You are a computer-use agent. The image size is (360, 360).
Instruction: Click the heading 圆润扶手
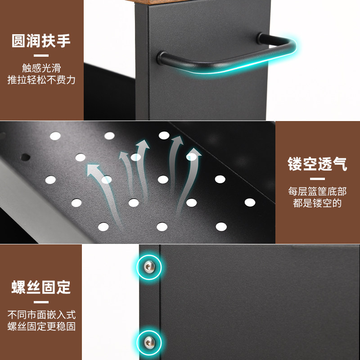pyautogui.click(x=41, y=41)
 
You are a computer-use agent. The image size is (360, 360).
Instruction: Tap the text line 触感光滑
pyautogui.click(x=41, y=68)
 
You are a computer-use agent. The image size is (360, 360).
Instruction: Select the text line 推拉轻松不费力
pyautogui.click(x=41, y=80)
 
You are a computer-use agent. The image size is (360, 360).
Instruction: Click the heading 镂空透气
pyautogui.click(x=318, y=164)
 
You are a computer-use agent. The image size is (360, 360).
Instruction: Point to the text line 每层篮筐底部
pyautogui.click(x=318, y=191)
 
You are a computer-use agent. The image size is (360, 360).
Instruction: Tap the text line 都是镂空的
pyautogui.click(x=318, y=203)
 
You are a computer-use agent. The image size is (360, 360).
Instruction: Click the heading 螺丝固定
pyautogui.click(x=41, y=286)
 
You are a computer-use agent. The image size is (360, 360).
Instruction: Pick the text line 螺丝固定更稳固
pyautogui.click(x=41, y=326)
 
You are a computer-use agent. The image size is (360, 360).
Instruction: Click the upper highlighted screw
pyautogui.click(x=149, y=268)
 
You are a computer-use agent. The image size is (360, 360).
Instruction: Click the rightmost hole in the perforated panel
pyautogui.click(x=250, y=202)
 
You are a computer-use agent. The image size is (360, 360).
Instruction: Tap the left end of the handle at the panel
pyautogui.click(x=162, y=57)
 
